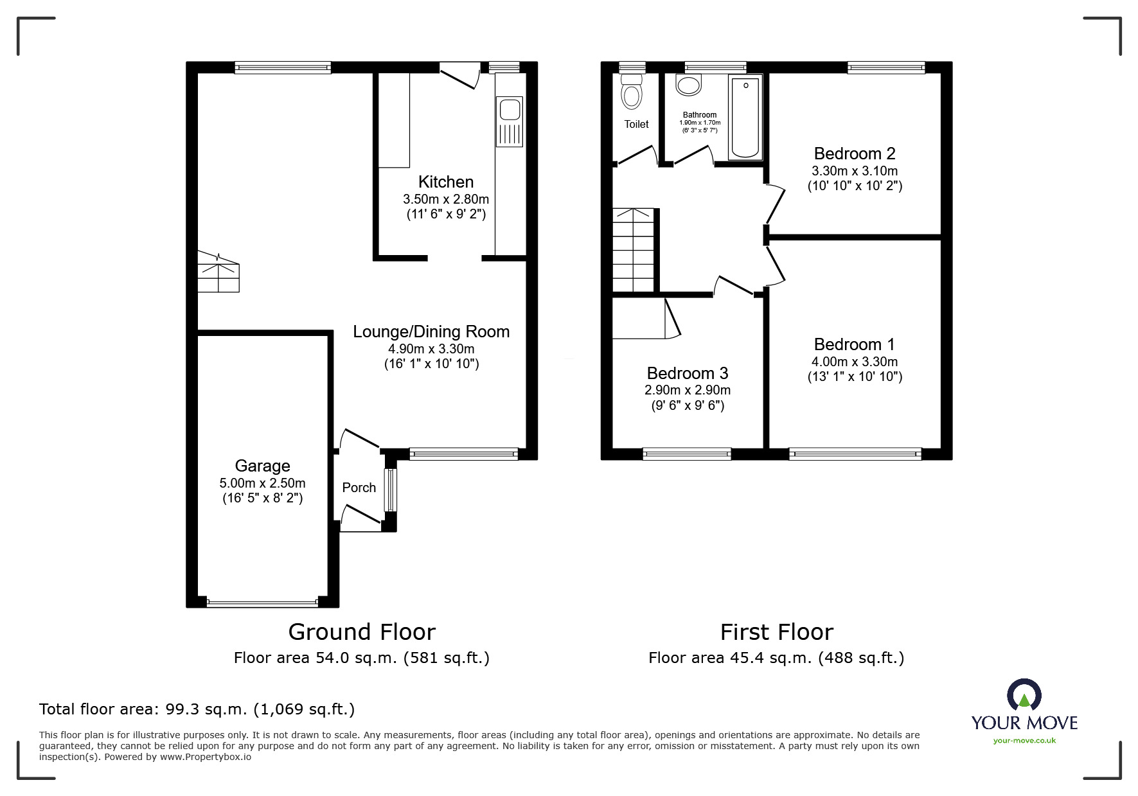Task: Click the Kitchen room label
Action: [x=446, y=182]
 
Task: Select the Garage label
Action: [x=262, y=466]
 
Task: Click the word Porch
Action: [x=359, y=488]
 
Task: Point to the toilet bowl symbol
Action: [x=632, y=91]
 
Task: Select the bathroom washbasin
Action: [x=689, y=86]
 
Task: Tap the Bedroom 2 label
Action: [x=855, y=154]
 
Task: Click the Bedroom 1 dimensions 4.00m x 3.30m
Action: [x=855, y=362]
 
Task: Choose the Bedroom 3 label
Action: [x=688, y=373]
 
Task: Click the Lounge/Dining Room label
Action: [x=431, y=332]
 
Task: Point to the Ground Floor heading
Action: [x=362, y=632]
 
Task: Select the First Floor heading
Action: [x=777, y=632]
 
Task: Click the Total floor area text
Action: [x=197, y=709]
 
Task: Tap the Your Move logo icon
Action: [x=1024, y=695]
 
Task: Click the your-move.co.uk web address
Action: [x=1024, y=741]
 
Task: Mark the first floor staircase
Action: [x=634, y=250]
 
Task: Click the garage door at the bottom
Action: [x=262, y=603]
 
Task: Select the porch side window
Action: [x=390, y=490]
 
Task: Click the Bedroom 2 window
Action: [x=886, y=67]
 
